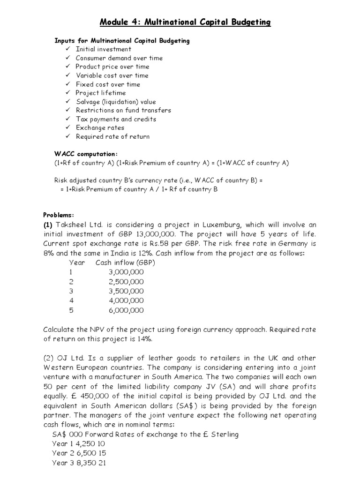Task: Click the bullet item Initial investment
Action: (x=103, y=49)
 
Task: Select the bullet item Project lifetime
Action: (x=100, y=93)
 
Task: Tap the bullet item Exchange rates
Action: (x=100, y=127)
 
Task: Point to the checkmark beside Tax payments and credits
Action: (x=67, y=119)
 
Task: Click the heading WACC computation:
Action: (x=86, y=154)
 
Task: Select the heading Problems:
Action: (x=59, y=215)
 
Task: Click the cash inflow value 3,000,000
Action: (x=126, y=272)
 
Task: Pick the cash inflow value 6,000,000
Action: (x=126, y=310)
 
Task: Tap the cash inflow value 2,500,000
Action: (x=126, y=282)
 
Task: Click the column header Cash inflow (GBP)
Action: (x=125, y=262)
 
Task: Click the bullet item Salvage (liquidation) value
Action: (x=116, y=102)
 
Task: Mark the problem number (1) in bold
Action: (x=50, y=225)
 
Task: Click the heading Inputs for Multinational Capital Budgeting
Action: (x=122, y=41)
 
